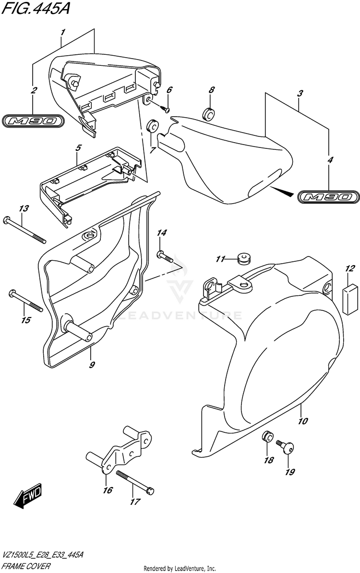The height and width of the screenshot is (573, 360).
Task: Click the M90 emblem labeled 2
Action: tap(34, 122)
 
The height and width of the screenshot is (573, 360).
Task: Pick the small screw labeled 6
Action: tap(165, 109)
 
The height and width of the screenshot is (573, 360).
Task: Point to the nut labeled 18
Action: tap(268, 438)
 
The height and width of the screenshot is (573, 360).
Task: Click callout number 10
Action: tap(302, 422)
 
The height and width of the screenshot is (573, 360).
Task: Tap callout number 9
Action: tap(91, 365)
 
